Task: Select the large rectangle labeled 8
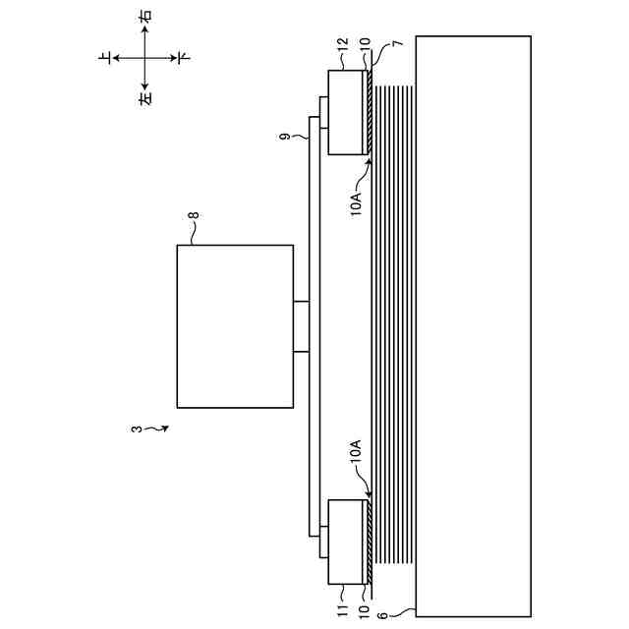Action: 234,326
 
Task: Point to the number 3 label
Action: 136,429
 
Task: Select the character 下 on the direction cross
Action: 183,59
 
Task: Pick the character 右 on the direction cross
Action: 144,18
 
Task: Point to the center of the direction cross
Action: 144,59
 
